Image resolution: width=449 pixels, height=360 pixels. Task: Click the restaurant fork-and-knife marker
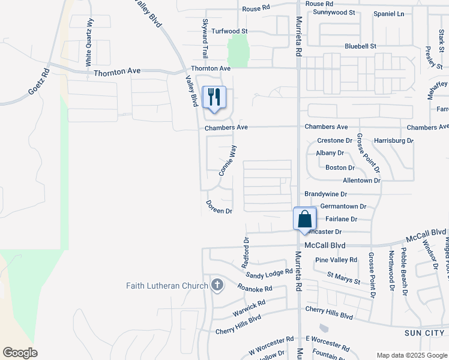[x=214, y=97]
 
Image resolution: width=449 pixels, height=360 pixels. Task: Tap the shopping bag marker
[x=304, y=218]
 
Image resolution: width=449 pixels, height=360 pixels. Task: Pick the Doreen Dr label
[x=219, y=208]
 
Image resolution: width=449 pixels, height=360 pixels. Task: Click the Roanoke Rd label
[x=255, y=289]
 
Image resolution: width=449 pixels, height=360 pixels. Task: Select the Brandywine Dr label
[x=326, y=194]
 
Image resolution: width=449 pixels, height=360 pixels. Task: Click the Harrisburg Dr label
[x=394, y=140]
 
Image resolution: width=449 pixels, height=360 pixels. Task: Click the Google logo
[x=20, y=353]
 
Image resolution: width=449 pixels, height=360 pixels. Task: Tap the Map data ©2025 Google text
[x=411, y=355]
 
